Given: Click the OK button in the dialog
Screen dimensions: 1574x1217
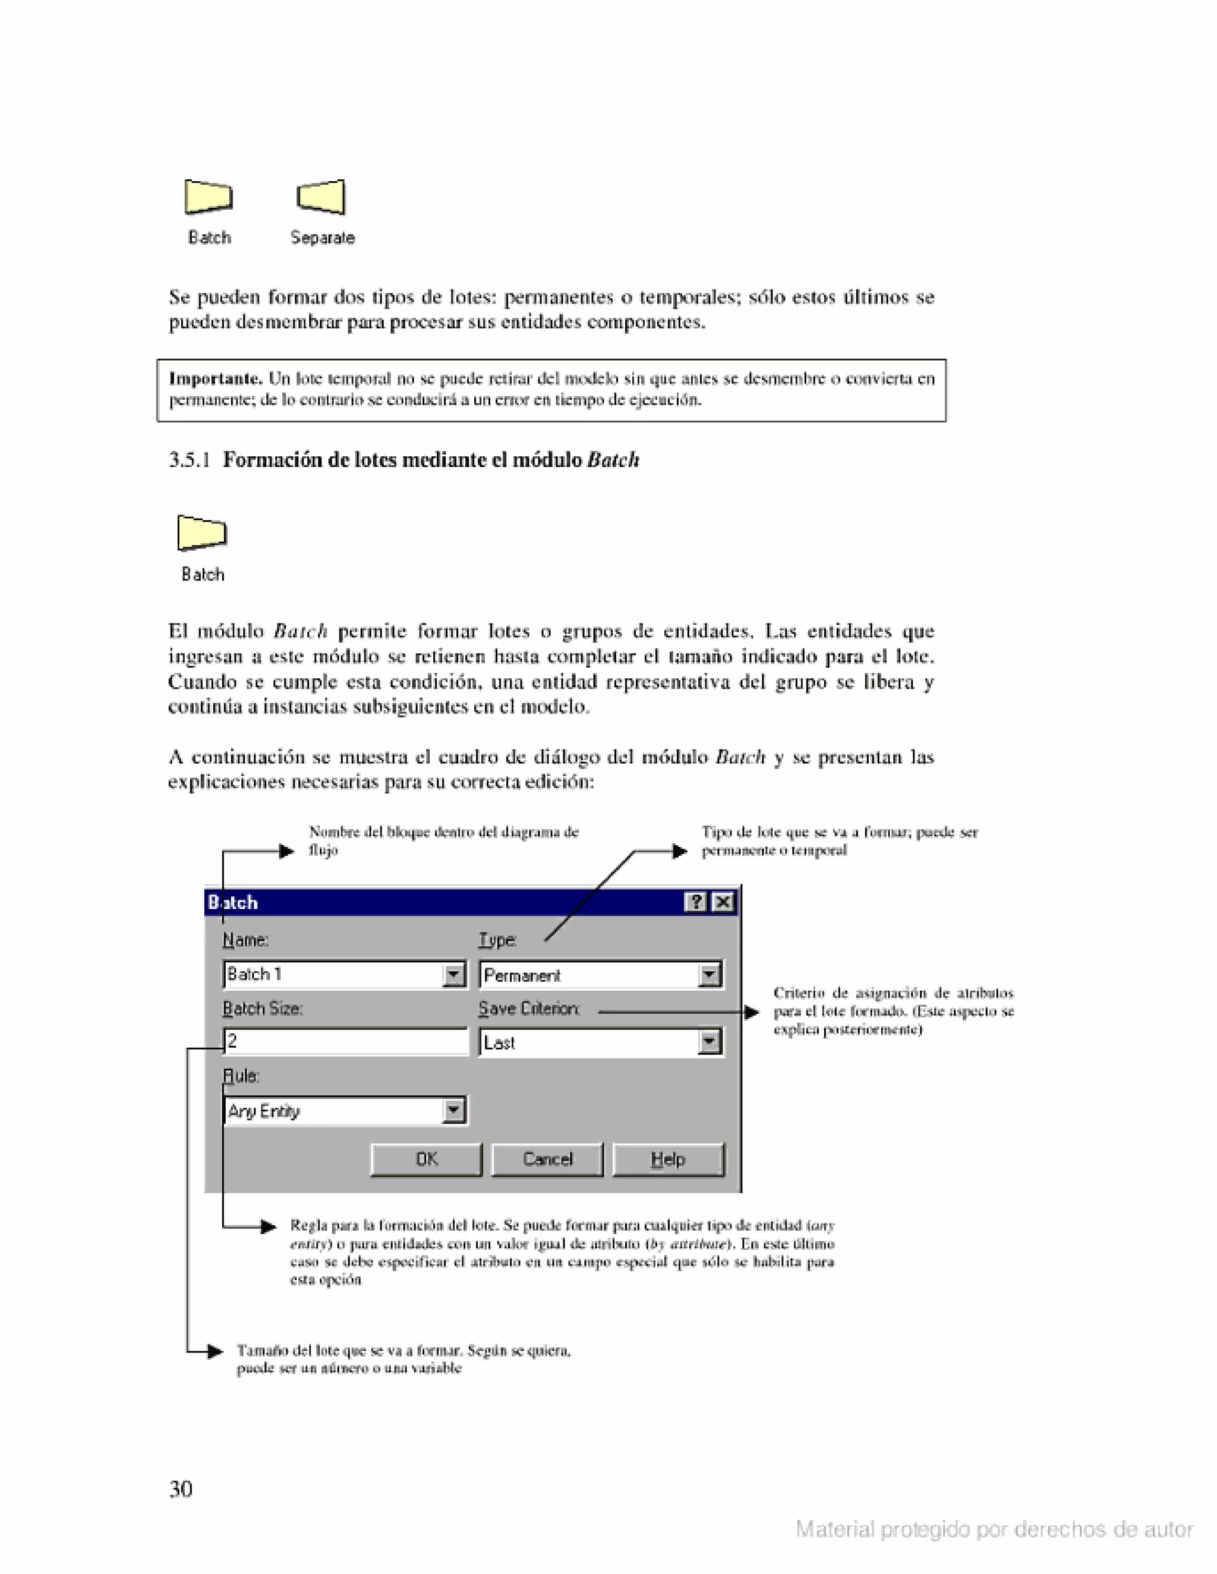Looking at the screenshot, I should [426, 1159].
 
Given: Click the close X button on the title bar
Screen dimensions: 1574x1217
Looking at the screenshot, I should [723, 902].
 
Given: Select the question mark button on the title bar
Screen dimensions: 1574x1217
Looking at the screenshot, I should [695, 902].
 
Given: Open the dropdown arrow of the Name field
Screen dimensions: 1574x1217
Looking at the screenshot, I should [453, 975].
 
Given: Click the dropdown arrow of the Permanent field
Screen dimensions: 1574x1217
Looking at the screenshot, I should [710, 975].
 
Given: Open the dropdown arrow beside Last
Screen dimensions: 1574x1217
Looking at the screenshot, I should [710, 1042].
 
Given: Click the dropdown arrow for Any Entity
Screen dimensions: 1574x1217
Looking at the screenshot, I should [453, 1111].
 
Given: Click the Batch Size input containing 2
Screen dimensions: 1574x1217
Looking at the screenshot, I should [346, 1041].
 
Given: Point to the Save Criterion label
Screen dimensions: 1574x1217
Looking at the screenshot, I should [528, 1009].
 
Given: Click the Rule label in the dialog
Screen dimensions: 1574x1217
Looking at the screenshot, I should [241, 1076].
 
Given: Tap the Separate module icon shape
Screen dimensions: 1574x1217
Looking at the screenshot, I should [321, 197].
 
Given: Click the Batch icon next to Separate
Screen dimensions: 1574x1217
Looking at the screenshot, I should [209, 197].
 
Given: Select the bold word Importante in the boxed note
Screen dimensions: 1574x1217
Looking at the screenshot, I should [215, 379].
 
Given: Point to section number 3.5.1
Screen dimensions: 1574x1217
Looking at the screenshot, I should [189, 460].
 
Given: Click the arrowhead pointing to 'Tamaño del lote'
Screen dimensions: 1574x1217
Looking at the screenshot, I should [215, 1351].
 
